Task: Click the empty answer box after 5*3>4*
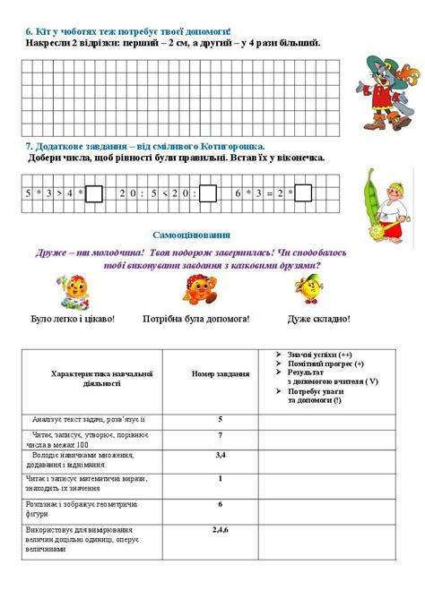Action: [x=95, y=192]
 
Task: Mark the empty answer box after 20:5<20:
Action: [x=207, y=192]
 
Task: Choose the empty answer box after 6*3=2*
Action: [x=302, y=192]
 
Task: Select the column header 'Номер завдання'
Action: [x=220, y=374]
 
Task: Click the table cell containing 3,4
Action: [x=220, y=456]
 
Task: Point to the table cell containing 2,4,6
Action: [x=220, y=530]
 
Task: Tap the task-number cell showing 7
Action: [x=220, y=434]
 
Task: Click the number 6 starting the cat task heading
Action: [x=29, y=30]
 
